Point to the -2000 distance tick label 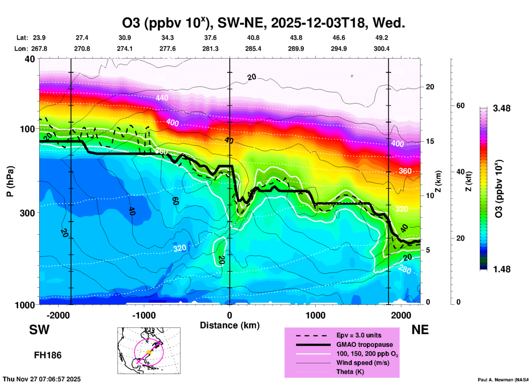[58, 315]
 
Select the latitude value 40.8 [253, 38]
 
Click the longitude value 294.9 [338, 49]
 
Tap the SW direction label [39, 330]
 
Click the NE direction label [420, 330]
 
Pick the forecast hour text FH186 [48, 355]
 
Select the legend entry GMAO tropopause [364, 345]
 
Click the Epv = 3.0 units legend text [359, 335]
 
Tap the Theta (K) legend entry [350, 372]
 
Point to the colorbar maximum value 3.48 [502, 108]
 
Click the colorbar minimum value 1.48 [502, 269]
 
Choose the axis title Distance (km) [230, 325]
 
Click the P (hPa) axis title [10, 181]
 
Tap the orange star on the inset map [149, 352]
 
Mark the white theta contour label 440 [162, 98]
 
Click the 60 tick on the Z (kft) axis [460, 106]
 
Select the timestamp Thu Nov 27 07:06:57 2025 [42, 379]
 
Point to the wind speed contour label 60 [176, 201]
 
